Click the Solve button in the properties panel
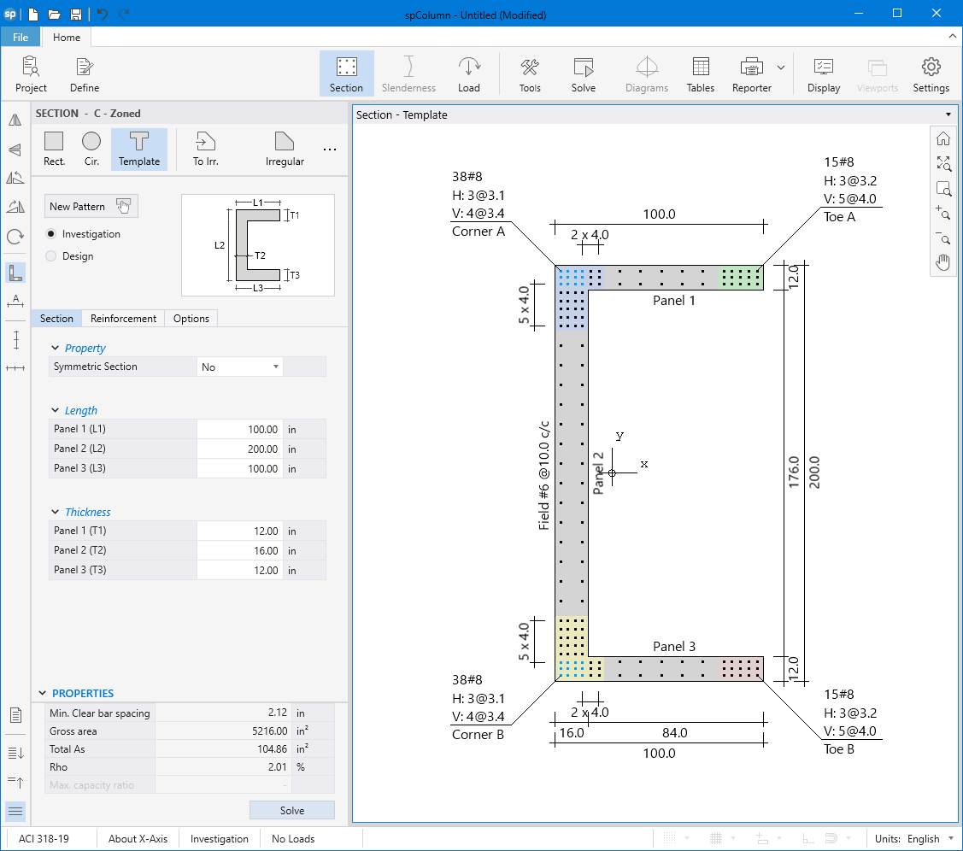291,810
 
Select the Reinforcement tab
124,319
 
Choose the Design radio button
51,256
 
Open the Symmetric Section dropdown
240,367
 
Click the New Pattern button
91,206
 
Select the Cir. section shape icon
91,148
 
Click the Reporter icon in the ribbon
751,73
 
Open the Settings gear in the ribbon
931,73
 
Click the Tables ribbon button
700,73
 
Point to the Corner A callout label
478,232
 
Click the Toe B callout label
839,749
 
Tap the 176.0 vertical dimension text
793,472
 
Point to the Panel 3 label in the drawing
674,647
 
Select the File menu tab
21,38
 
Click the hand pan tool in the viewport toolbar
943,262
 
